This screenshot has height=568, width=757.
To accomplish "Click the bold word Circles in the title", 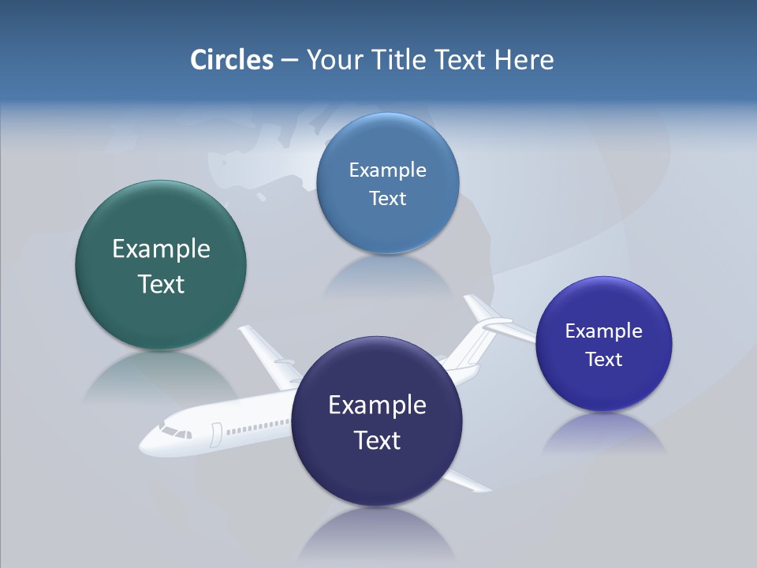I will point(231,60).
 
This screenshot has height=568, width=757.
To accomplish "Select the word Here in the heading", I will point(524,60).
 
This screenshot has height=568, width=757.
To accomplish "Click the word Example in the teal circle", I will point(161,249).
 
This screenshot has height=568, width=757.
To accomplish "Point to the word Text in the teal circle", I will point(161,284).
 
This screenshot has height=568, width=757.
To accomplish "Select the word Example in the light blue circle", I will point(387,170).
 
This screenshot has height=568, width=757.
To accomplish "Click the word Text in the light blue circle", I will point(387,199).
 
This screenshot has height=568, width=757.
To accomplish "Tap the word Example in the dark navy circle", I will point(377,405).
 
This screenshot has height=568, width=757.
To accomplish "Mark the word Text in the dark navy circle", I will point(377,440).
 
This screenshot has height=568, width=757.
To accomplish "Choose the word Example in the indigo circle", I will point(604,331).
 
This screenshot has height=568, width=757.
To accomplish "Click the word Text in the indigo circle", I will point(604,360).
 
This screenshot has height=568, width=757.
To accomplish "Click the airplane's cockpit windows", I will point(176,432).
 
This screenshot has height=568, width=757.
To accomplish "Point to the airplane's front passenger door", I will point(216,435).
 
